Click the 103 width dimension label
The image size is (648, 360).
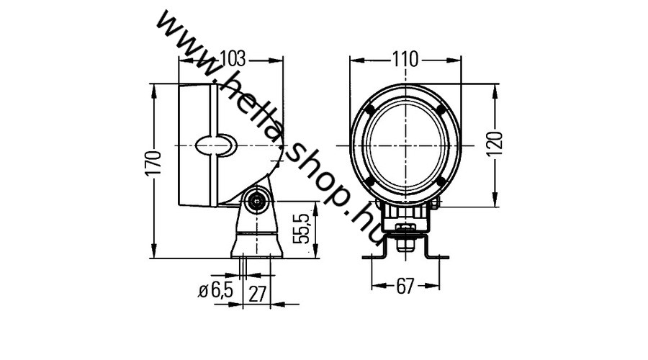(233, 59)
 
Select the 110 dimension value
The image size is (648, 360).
(405, 60)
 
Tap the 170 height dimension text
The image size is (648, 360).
(153, 164)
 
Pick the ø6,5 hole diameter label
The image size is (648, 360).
(215, 291)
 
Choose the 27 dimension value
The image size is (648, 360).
(257, 294)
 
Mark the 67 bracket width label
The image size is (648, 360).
(405, 286)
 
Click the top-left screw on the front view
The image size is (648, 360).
(370, 109)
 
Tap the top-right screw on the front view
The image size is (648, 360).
(441, 109)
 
